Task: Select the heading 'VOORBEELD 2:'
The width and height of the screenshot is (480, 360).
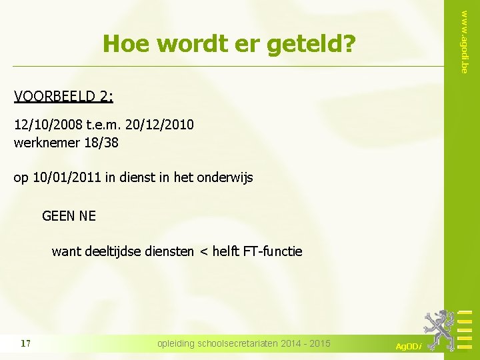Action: coord(63,97)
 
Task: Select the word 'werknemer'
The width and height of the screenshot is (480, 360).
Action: coord(45,142)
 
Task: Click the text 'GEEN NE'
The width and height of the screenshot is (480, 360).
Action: coord(69,216)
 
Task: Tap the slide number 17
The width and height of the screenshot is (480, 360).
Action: coord(26,344)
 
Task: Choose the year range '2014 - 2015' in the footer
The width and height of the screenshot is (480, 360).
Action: coord(306,344)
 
